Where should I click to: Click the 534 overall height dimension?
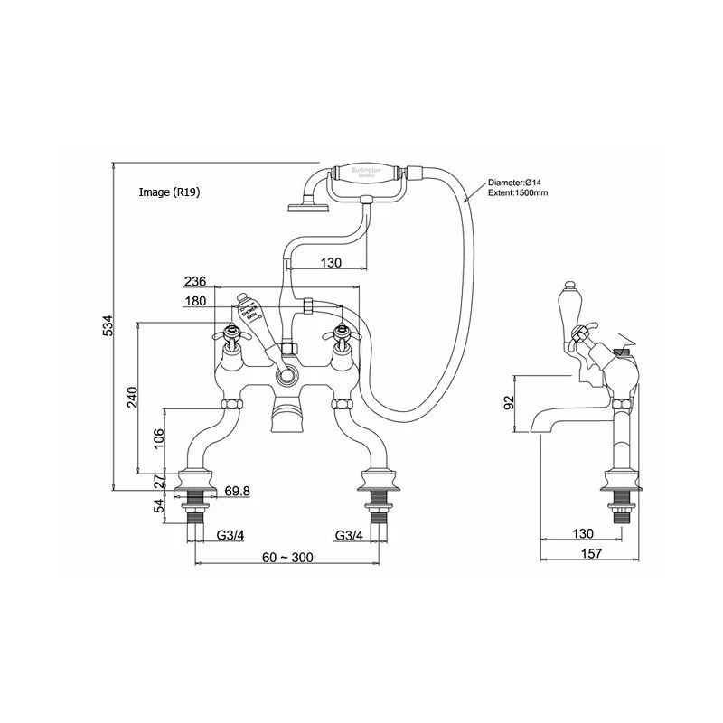coord(107,327)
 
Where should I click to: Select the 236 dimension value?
coord(195,282)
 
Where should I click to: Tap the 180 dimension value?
coord(195,302)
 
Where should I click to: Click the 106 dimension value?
coord(159,438)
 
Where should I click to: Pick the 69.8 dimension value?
coord(237,491)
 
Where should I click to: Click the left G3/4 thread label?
coord(232,535)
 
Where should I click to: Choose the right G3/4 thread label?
coord(349,535)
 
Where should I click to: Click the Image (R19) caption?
coord(169,192)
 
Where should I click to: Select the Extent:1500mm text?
coord(517,193)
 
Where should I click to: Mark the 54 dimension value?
coord(159,507)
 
